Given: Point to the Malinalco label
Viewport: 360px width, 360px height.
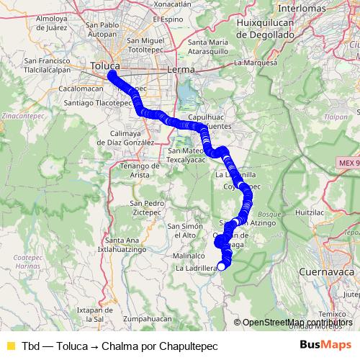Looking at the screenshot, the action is point(189,256).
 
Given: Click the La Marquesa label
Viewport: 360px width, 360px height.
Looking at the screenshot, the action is point(256,63).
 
